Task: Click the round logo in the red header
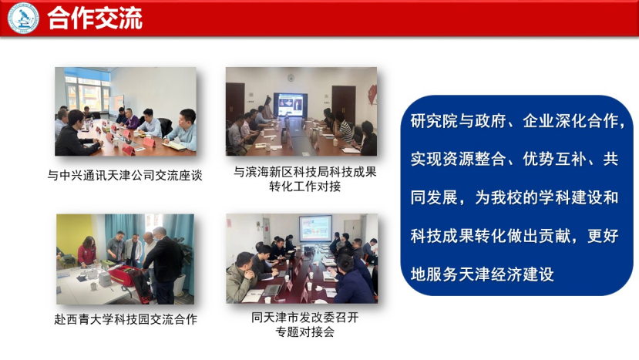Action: tap(23, 18)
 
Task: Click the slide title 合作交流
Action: tap(95, 19)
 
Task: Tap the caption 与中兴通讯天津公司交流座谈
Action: tap(125, 175)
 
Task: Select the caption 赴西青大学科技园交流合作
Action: tap(126, 319)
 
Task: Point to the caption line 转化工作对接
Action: tap(304, 187)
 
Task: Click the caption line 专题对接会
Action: tap(304, 331)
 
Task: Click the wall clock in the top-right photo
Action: tap(291, 77)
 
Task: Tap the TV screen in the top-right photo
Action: tap(291, 105)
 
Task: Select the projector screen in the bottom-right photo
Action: tap(315, 229)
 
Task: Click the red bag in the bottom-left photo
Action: tap(126, 278)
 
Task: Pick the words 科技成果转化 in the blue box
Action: tap(458, 236)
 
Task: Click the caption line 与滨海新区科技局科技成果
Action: tap(304, 172)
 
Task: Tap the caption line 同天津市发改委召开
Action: tap(304, 317)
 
